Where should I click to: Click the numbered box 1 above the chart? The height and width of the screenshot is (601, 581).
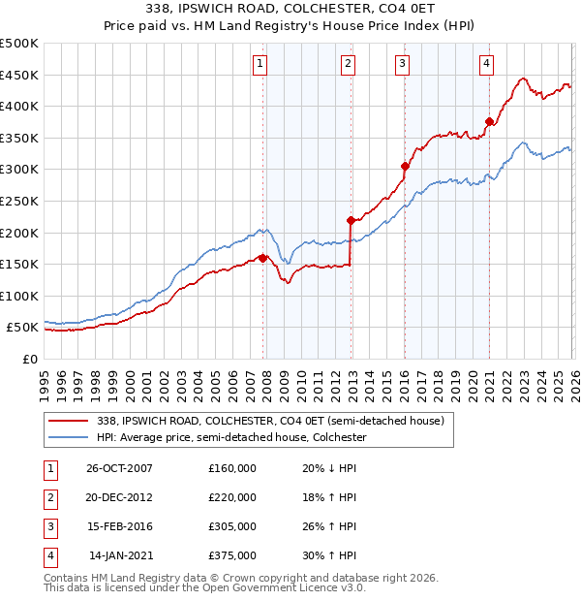(x=261, y=64)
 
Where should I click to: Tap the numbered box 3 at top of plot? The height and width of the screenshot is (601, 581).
(x=402, y=64)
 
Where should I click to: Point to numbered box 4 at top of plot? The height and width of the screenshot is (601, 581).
(x=486, y=64)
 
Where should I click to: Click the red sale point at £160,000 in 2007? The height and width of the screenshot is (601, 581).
(x=262, y=258)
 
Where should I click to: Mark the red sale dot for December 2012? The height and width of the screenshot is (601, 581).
(x=351, y=220)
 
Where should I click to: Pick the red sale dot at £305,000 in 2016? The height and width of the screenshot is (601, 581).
(x=405, y=167)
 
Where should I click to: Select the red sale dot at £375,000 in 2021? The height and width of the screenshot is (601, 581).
(x=489, y=122)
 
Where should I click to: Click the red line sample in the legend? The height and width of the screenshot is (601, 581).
(x=69, y=422)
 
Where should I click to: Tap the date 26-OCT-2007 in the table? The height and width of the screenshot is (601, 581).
(x=119, y=468)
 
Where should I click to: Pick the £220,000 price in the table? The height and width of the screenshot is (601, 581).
(x=232, y=497)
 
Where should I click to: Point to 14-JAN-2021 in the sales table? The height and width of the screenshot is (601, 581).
(x=119, y=555)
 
